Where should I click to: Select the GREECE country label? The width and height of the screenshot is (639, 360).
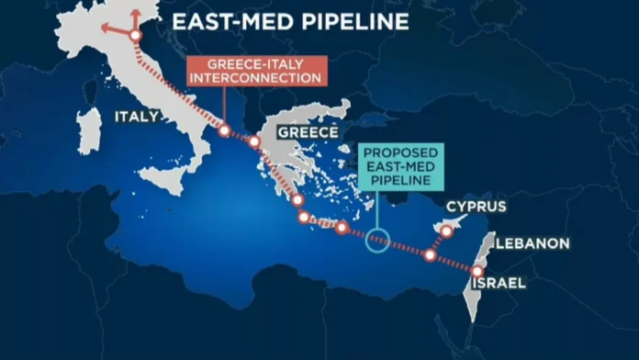[x=303, y=132]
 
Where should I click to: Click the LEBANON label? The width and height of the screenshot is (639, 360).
[x=532, y=244]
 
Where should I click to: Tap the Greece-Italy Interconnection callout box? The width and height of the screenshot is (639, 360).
[x=255, y=71]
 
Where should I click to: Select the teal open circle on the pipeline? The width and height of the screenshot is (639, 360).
[x=377, y=240]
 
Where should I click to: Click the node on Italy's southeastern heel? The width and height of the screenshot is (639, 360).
[x=224, y=130]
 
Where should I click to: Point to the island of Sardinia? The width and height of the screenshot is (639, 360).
[x=88, y=129]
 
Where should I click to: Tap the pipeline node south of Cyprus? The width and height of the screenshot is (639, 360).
[x=430, y=254]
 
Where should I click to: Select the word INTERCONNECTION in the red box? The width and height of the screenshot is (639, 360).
[x=255, y=78]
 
